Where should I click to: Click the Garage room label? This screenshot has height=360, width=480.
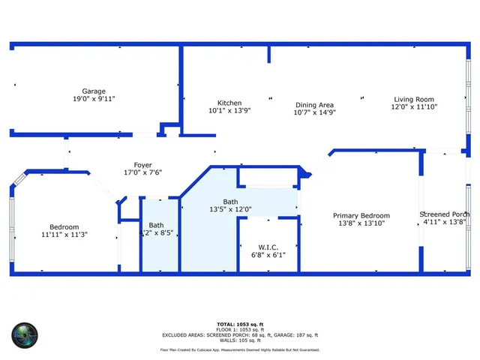[x=94, y=90]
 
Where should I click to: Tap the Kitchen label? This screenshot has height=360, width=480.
[x=229, y=103]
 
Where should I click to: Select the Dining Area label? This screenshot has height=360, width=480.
[x=314, y=105]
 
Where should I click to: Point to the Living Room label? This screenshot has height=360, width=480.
[x=414, y=99]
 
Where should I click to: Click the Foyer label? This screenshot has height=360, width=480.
[x=142, y=165]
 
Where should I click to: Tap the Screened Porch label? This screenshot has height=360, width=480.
[x=445, y=214]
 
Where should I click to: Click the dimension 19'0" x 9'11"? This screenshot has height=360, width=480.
[x=94, y=98]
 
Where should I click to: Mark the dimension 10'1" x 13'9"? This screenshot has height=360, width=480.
[x=229, y=111]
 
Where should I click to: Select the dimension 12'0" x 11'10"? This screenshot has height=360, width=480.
[x=414, y=107]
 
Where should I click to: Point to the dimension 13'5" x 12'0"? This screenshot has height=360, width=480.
[x=231, y=209]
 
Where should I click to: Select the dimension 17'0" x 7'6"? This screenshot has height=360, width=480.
[x=142, y=172]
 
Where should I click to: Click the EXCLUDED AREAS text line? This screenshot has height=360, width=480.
[x=239, y=334]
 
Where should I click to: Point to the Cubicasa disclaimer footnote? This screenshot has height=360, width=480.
[x=239, y=349]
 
